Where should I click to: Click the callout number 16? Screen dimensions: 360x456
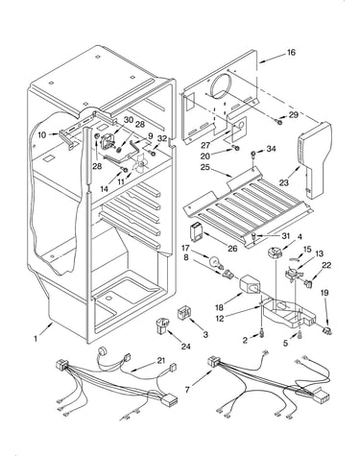click(291, 52)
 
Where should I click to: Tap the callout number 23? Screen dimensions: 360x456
click(283, 182)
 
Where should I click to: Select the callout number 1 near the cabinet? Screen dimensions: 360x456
click(36, 338)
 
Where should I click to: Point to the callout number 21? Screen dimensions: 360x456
click(161, 361)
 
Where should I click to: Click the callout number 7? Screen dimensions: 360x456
click(188, 390)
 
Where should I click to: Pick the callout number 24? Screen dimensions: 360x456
click(185, 347)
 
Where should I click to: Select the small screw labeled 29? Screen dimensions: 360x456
click(279, 122)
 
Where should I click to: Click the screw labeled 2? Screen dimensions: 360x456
click(262, 333)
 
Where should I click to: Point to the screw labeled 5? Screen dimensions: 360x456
click(300, 335)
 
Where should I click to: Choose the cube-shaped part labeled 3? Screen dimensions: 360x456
click(183, 312)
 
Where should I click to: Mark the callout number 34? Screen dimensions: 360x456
click(271, 149)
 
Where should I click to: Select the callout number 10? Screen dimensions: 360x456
click(42, 135)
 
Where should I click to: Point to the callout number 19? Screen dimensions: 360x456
click(324, 293)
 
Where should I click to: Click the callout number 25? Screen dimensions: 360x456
click(206, 167)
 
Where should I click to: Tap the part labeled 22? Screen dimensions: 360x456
click(308, 283)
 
